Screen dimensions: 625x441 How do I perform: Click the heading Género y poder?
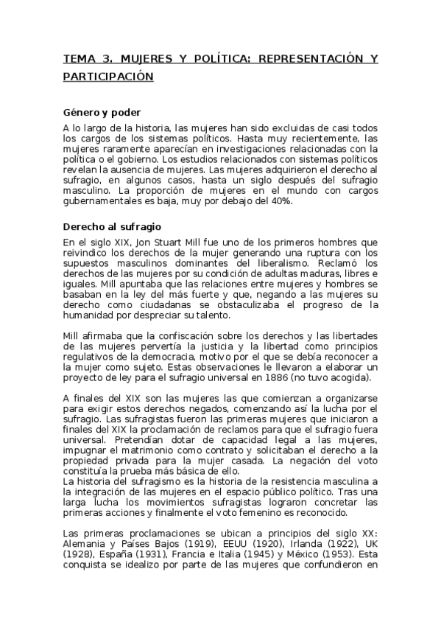97,113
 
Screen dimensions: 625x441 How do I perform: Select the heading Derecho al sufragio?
112,226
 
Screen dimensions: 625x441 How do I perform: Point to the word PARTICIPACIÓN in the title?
107,76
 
